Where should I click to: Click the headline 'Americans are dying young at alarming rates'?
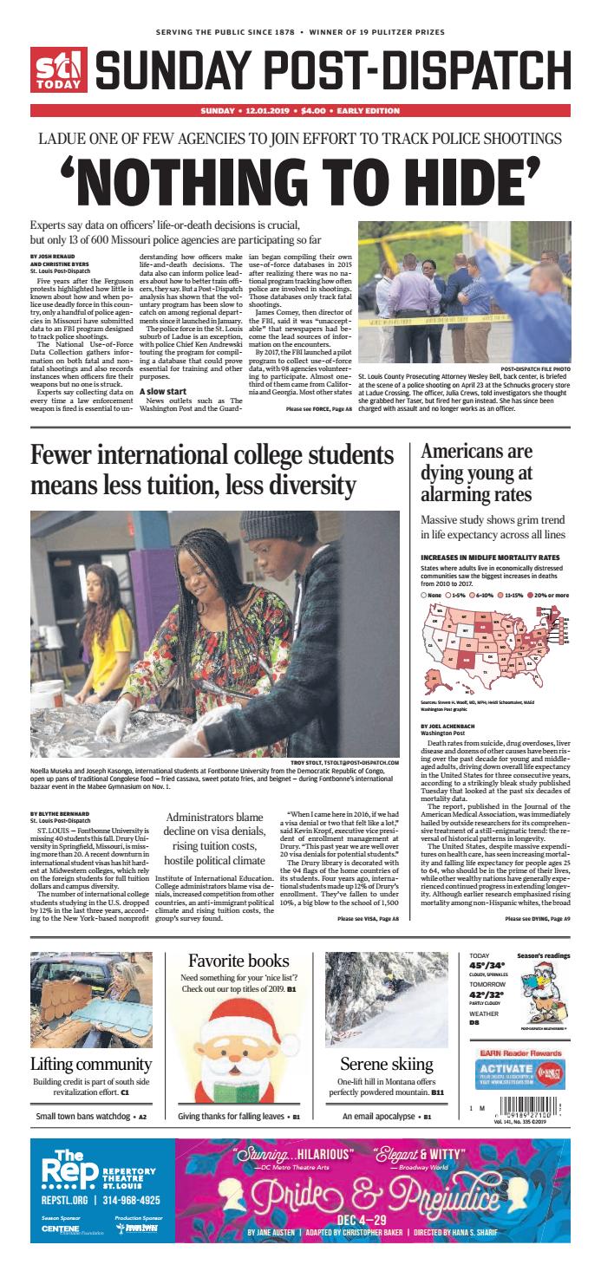pyautogui.click(x=476, y=474)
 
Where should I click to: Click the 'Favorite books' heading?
pyautogui.click(x=238, y=961)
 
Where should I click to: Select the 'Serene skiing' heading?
pyautogui.click(x=386, y=1064)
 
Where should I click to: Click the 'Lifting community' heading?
pyautogui.click(x=91, y=1064)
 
